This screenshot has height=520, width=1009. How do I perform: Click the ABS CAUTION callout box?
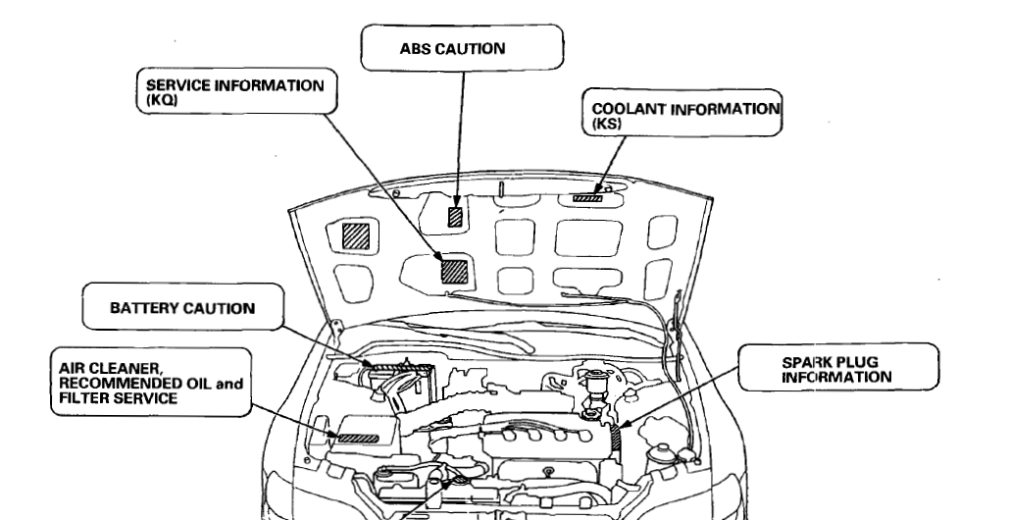click(x=462, y=48)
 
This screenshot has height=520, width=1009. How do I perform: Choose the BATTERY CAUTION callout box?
click(x=181, y=309)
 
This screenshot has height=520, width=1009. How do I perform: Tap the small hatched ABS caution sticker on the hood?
click(x=454, y=217)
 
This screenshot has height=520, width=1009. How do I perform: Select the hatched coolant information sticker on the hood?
click(x=587, y=198)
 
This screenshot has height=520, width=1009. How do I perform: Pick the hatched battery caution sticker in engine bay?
click(x=383, y=366)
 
